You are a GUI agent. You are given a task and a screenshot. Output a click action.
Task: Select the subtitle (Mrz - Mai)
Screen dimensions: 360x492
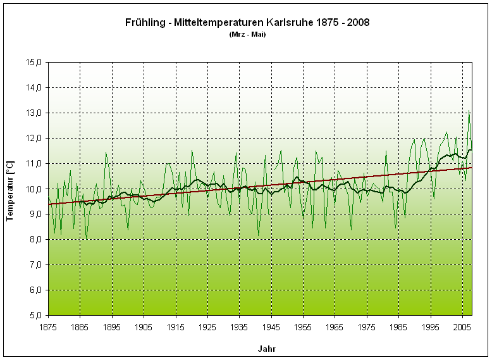(x=247, y=34)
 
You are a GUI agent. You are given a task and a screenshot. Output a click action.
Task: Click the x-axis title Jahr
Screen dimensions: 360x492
(x=266, y=349)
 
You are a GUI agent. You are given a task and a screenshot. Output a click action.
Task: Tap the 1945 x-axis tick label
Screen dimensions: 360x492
(x=271, y=326)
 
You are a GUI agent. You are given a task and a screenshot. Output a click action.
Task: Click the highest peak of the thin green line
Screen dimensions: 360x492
(x=469, y=111)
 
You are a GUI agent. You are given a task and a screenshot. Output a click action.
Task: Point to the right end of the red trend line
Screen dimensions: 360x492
(x=472, y=168)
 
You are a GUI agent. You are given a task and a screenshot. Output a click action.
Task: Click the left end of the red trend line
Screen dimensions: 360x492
(x=49, y=204)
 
